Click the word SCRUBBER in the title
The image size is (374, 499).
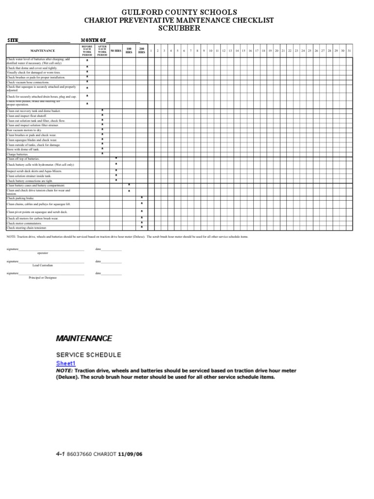click(179, 29)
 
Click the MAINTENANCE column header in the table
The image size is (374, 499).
click(43, 51)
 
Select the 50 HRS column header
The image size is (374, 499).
click(115, 51)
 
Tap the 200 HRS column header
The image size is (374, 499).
click(142, 51)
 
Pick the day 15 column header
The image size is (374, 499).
click(243, 51)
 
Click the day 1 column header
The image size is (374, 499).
click(151, 51)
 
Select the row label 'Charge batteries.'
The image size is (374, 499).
click(18, 154)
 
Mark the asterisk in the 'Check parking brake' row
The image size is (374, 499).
click(142, 198)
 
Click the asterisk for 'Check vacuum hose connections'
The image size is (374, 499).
click(87, 82)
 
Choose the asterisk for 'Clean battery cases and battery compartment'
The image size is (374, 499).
click(129, 185)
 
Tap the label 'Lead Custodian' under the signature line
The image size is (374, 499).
click(43, 265)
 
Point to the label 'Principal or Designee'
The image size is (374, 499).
click(43, 278)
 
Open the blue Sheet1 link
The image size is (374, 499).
click(66, 364)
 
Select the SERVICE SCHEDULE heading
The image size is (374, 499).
click(89, 355)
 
